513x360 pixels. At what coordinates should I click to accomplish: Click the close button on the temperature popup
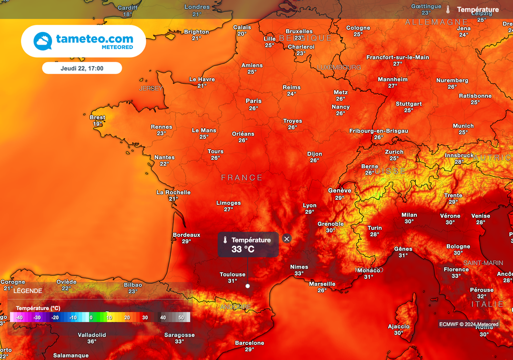tap(287, 239)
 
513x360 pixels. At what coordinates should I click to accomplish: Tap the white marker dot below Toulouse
tap(247, 286)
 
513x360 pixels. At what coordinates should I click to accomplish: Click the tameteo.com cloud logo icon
tap(43, 41)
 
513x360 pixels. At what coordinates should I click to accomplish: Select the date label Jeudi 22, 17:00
tap(82, 68)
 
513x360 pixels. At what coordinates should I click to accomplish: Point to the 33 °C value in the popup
tap(243, 249)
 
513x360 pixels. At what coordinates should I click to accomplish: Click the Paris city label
tap(253, 101)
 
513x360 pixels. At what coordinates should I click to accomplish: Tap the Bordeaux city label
tap(186, 235)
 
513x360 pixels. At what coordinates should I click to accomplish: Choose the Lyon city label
tap(310, 205)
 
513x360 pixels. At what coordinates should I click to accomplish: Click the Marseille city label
tap(322, 284)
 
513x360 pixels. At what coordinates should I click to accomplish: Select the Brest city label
tap(98, 118)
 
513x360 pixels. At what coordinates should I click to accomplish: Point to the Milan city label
tap(409, 215)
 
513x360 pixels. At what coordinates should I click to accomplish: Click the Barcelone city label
tap(249, 343)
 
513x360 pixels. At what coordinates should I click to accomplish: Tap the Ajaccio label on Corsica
tap(398, 326)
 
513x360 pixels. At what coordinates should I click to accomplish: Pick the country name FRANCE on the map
tap(242, 178)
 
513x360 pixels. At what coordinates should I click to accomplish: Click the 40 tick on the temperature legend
tap(163, 317)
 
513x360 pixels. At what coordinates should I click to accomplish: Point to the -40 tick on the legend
tap(19, 317)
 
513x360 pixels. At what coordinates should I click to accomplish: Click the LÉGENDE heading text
tap(28, 291)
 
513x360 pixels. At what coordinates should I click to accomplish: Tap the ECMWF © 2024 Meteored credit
tap(469, 324)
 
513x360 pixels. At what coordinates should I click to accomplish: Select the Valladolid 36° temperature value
tap(92, 341)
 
